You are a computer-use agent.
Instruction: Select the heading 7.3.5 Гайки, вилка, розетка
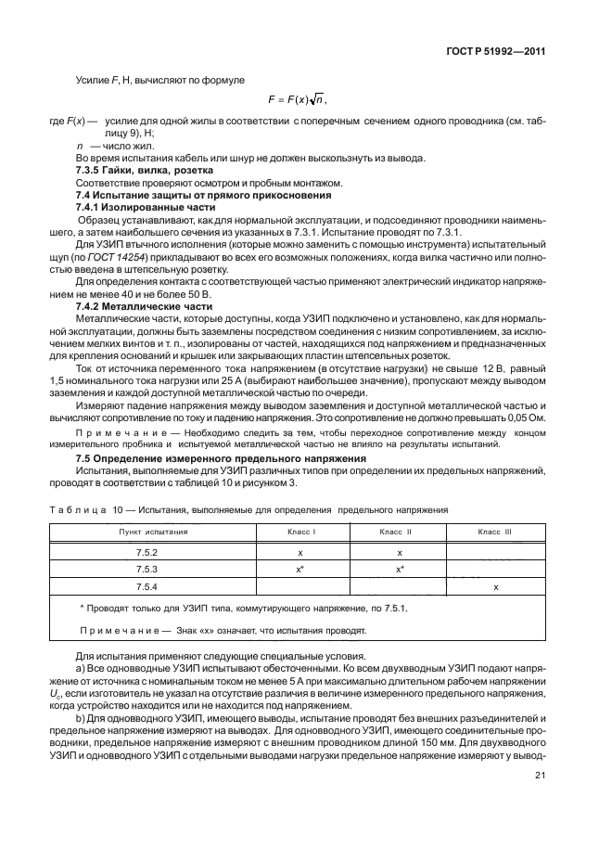[x=145, y=172]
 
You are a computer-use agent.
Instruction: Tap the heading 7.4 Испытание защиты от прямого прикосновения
[x=190, y=195]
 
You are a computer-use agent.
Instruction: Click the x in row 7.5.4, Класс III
[x=496, y=587]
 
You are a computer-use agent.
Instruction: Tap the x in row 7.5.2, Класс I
[x=300, y=551]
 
